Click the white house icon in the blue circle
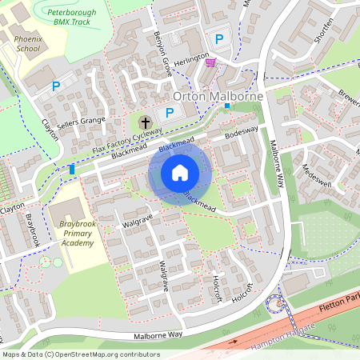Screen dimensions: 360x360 coord(180,173)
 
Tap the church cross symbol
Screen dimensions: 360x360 coord(145,122)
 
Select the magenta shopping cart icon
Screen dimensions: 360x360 coord(210,62)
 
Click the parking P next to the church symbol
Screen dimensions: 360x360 coord(170,114)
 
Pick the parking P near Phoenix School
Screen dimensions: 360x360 coord(56,86)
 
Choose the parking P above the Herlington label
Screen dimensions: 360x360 coord(218,38)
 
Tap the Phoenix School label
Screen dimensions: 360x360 coord(27,43)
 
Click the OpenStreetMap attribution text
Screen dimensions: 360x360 coord(80,354)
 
